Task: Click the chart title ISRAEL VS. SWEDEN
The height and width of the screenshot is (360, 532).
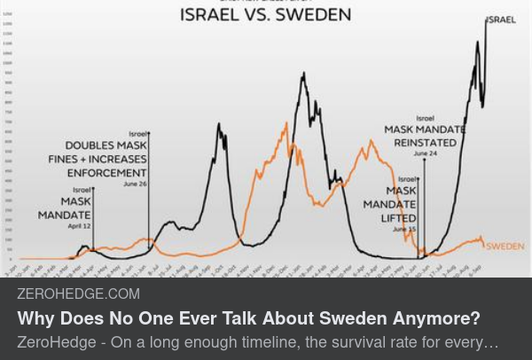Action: point(265,15)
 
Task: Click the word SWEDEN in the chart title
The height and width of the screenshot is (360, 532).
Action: point(311,15)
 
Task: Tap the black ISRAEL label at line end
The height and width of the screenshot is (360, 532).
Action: point(501,20)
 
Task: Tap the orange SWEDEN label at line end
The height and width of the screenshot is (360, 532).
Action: point(505,246)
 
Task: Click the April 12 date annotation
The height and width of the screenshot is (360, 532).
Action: point(80,226)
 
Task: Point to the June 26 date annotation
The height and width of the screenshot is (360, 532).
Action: point(136,184)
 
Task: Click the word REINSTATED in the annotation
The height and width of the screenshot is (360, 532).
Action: point(425,142)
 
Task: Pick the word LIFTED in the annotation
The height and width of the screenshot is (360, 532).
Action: point(398,218)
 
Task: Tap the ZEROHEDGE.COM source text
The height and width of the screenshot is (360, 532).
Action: point(78,293)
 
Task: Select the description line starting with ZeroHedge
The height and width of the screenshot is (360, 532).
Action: point(257,341)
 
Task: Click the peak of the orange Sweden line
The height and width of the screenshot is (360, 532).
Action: point(286,124)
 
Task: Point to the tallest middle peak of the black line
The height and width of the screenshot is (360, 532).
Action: point(304,74)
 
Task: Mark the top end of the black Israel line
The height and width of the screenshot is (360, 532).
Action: point(486,20)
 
